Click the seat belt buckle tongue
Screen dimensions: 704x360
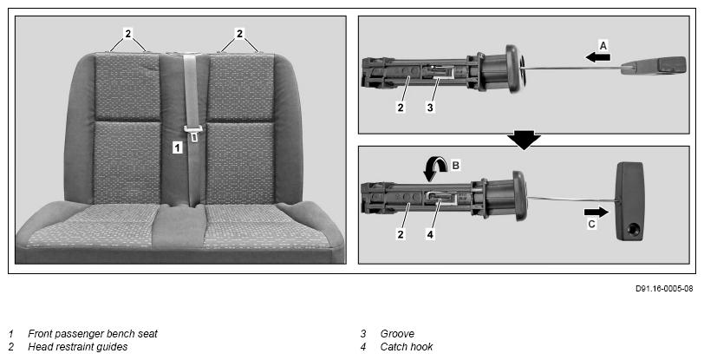point(193,133)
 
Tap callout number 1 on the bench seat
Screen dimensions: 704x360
point(178,147)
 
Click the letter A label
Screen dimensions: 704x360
point(603,45)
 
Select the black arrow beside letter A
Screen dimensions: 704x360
point(597,57)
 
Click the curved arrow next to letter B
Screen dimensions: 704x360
point(435,170)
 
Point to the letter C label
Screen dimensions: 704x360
point(592,224)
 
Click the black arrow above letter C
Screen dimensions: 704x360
point(596,213)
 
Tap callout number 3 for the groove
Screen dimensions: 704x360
point(430,108)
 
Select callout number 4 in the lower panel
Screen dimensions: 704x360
point(430,234)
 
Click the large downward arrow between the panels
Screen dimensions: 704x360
point(524,140)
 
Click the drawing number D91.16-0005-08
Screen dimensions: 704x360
point(664,289)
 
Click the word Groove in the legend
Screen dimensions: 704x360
point(397,334)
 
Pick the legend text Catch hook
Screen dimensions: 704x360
point(407,347)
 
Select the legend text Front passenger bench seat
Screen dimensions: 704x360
point(93,334)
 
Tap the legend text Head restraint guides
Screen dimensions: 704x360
point(78,347)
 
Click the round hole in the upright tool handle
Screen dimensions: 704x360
point(635,229)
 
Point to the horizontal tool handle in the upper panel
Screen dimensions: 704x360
point(654,65)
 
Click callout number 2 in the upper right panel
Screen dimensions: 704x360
point(401,108)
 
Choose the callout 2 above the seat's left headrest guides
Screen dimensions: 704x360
point(128,33)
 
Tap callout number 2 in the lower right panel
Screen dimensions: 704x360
point(401,234)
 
